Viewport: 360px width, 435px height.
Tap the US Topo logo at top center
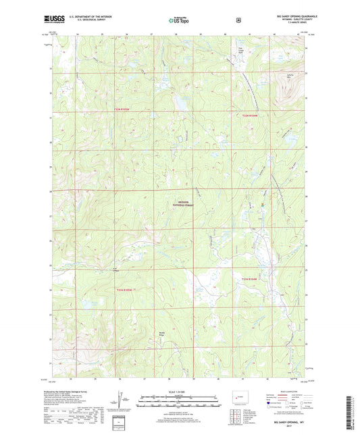pos(179,21)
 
